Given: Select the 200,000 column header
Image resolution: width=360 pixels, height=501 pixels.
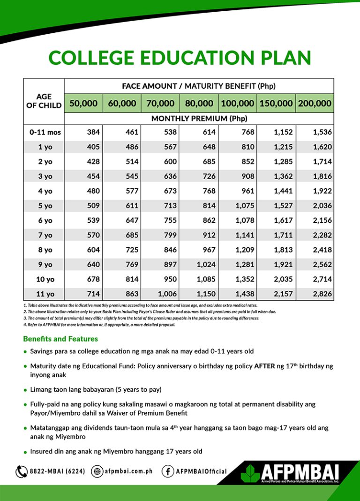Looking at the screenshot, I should coord(314,103).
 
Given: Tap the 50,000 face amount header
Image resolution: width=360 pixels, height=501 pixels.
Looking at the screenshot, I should coord(83,103).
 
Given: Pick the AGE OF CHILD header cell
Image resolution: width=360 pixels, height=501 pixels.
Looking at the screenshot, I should coord(44,101).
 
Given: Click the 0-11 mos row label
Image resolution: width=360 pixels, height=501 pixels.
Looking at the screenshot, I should coord(45,132).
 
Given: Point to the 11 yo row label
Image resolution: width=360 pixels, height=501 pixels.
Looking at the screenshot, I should coord(45,294).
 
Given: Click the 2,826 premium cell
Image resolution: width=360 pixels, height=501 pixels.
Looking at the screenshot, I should coord(322,294).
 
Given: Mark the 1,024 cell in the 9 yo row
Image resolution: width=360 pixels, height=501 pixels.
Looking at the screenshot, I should coord(206,265).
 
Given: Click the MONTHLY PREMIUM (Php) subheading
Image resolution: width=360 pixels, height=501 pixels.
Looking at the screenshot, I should coord(199,119).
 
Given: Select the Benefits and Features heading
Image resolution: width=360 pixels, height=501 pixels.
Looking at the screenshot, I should coord(60,339).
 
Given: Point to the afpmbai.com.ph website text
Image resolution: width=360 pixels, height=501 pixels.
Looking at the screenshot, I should coord(128,471).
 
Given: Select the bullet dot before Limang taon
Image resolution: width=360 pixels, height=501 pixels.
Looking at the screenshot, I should coord(25,389).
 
